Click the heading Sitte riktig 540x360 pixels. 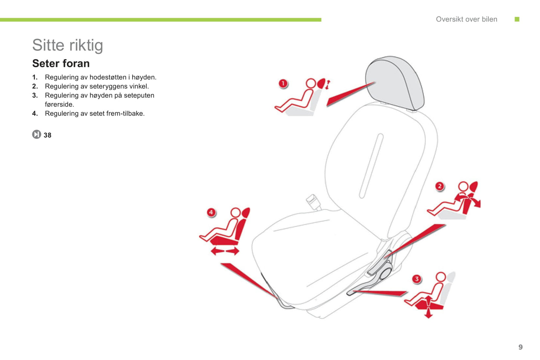click(x=68, y=45)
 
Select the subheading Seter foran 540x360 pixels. click(x=61, y=63)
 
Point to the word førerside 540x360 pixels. click(x=59, y=104)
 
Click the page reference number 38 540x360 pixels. click(x=47, y=135)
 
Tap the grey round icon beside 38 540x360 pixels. click(x=37, y=134)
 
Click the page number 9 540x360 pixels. click(x=521, y=347)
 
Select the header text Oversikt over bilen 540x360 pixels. click(x=466, y=19)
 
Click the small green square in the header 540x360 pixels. click(x=517, y=19)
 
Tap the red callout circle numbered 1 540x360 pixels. click(x=283, y=84)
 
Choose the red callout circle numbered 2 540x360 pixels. click(x=440, y=186)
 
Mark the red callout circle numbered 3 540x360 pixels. click(x=417, y=279)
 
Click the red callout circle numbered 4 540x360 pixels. click(x=211, y=212)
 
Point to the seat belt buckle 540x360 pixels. click(x=313, y=202)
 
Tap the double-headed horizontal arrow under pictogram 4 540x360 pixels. click(x=225, y=251)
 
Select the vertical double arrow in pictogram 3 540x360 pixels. click(x=428, y=307)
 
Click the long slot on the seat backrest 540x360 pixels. click(x=371, y=166)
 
